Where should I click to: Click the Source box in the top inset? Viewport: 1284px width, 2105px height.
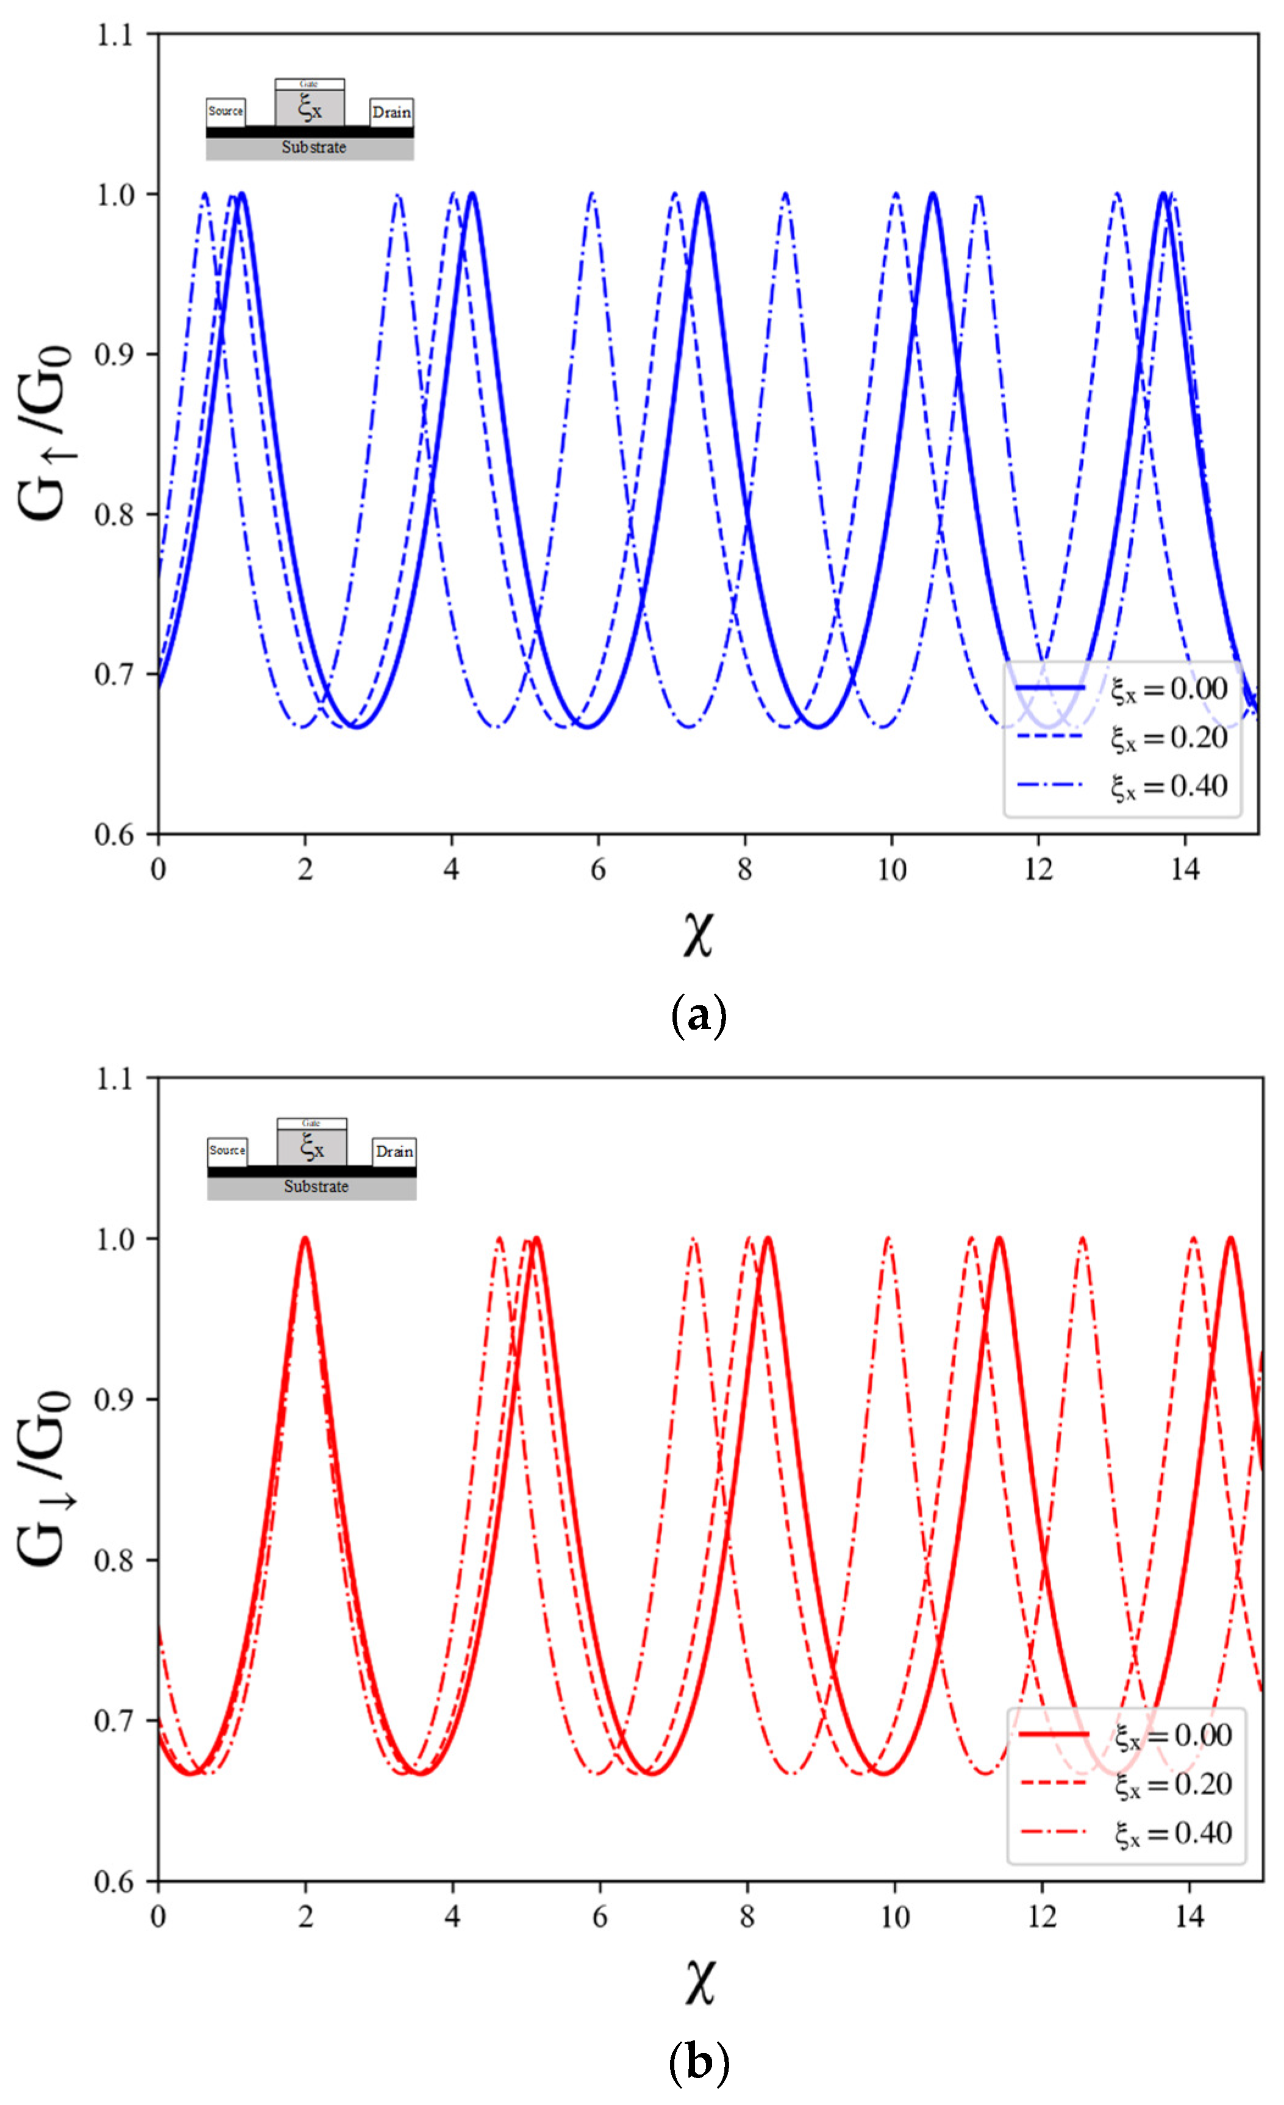coord(226,111)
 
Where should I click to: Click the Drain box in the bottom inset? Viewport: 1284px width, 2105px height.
coord(394,1152)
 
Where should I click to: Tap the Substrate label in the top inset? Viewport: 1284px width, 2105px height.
coord(313,148)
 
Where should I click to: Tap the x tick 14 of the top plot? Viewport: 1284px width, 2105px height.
coord(1185,871)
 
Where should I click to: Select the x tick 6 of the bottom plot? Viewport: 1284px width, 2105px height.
coord(600,1917)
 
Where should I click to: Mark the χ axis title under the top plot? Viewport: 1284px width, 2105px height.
coord(698,934)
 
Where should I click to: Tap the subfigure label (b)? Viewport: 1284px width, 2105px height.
coord(699,2062)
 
